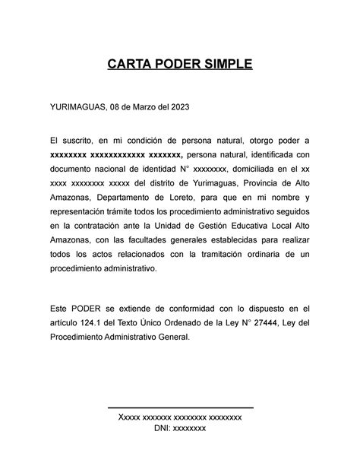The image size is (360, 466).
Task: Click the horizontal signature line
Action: [181, 408]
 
